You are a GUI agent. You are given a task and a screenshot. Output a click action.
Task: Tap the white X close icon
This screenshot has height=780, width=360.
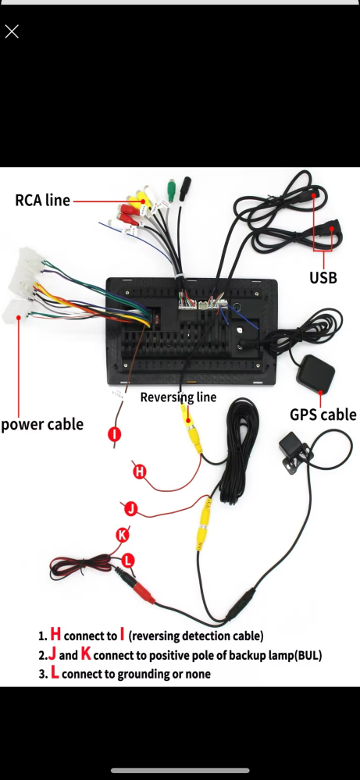[12, 32]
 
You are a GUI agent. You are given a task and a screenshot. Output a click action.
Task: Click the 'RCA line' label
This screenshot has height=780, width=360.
[42, 200]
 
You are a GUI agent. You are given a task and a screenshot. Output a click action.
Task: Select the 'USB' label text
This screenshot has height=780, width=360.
[323, 278]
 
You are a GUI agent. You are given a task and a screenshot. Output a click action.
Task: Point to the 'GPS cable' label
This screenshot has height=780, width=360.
[323, 415]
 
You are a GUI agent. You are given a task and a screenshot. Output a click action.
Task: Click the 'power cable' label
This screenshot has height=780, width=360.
[42, 424]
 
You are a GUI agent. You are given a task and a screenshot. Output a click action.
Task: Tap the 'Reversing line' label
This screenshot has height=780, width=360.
[179, 397]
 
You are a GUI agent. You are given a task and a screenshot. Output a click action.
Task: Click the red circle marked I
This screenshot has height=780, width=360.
[115, 434]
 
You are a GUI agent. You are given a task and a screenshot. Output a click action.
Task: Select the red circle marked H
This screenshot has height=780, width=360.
[140, 471]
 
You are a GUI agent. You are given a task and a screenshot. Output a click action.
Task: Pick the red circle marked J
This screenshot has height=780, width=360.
[130, 509]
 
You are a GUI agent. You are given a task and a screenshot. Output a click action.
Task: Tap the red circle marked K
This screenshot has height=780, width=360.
[122, 536]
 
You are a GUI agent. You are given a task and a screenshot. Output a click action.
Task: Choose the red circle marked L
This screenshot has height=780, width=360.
[128, 561]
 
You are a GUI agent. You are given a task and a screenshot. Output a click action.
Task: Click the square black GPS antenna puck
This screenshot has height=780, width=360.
[315, 373]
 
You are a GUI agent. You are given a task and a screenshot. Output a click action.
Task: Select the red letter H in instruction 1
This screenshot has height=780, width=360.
[55, 634]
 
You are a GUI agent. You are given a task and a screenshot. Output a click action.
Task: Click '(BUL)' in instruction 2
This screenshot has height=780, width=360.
[308, 655]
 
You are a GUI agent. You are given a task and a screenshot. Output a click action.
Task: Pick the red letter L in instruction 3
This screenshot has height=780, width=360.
[55, 673]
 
